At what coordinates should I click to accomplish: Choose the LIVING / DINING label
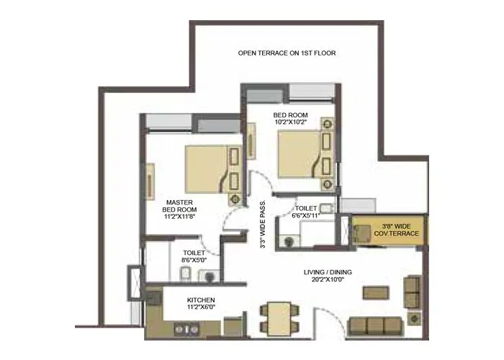pyautogui.click(x=328, y=271)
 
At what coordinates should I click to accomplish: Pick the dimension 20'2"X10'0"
pyautogui.click(x=328, y=279)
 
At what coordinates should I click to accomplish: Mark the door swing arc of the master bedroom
pyautogui.click(x=233, y=216)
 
